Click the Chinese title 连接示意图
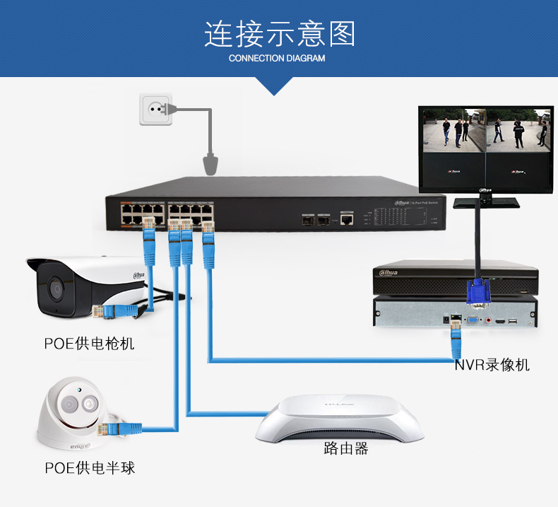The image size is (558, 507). coord(279,34)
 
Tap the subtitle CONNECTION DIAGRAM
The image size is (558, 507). coord(277,59)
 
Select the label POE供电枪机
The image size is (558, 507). coord(90,344)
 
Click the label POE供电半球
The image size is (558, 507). coord(90,467)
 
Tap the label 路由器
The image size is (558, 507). coord(346,448)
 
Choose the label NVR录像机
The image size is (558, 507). coord(492,365)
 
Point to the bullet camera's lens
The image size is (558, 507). coord(54,289)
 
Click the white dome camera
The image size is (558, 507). coord(71,414)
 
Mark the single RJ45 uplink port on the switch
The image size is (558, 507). coord(347,220)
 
